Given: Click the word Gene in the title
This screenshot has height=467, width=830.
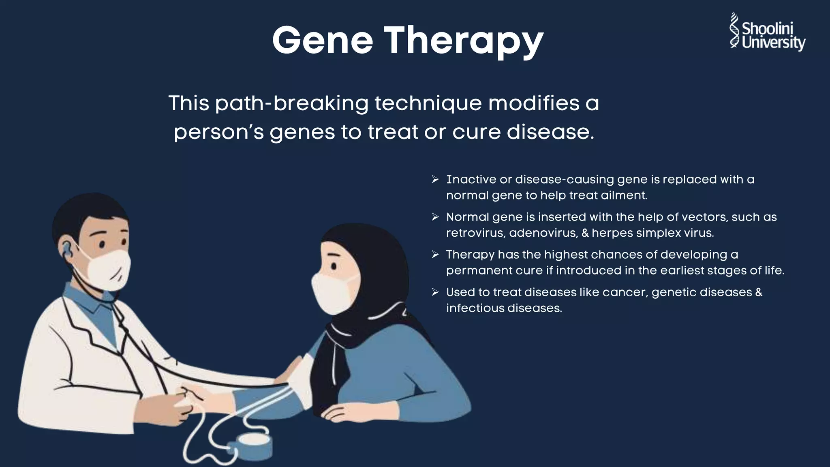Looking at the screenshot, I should (x=322, y=41).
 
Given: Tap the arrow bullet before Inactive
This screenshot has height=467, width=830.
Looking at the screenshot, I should (x=435, y=179).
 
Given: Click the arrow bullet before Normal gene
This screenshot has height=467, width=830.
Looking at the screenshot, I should (x=435, y=217).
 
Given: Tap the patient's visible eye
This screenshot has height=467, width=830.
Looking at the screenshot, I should (x=333, y=266).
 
